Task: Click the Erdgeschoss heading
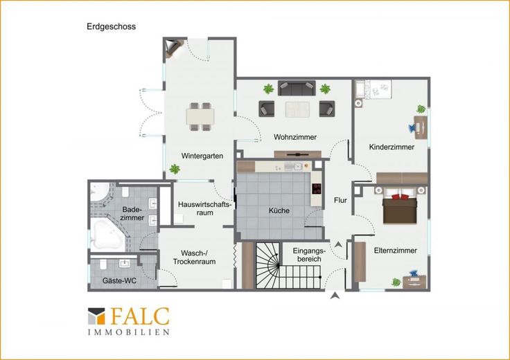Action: click(112, 26)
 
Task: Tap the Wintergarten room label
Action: click(202, 156)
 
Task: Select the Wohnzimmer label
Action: click(295, 137)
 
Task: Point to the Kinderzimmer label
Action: click(392, 147)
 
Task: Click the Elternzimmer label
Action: click(396, 251)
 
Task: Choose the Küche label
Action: click(279, 210)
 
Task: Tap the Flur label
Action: click(340, 201)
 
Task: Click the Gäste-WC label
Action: click(119, 280)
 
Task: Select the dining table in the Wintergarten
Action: click(200, 116)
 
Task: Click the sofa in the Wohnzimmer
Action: click(297, 88)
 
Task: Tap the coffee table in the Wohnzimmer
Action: click(297, 109)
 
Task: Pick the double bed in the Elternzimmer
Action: click(400, 207)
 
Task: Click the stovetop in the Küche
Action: click(317, 189)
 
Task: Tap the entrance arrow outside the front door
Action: click(335, 296)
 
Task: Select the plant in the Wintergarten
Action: click(175, 169)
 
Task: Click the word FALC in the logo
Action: click(141, 316)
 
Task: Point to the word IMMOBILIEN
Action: click(129, 332)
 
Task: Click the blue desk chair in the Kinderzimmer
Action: click(413, 127)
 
